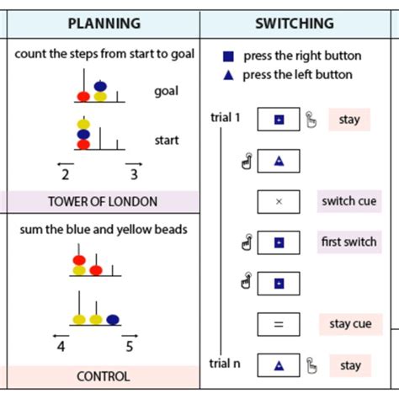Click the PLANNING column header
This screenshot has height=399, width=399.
pos(104,24)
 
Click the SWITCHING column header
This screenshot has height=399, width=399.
pos(294,24)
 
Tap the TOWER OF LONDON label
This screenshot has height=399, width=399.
pos(103,202)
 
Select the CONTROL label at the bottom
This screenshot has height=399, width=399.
pos(103,376)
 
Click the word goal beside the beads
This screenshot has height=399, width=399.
pos(166,91)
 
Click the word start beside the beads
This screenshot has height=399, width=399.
pos(166,140)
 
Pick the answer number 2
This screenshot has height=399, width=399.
pos(65,175)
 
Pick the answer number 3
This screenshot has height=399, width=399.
pos(134,175)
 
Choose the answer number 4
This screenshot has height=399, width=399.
pos(61,345)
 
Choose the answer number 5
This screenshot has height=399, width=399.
pos(129,345)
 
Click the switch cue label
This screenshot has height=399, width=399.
pos(349,201)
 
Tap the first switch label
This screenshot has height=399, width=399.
pos(349,242)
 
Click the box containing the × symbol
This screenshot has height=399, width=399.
pos(279,202)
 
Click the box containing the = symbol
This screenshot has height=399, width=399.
pos(279,325)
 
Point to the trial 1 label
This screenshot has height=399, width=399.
pos(226,117)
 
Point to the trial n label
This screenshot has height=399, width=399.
pos(225,363)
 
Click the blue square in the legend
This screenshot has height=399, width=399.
pos(228,56)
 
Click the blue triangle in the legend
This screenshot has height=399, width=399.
pos(228,74)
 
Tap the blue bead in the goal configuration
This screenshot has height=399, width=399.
pos(100,86)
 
